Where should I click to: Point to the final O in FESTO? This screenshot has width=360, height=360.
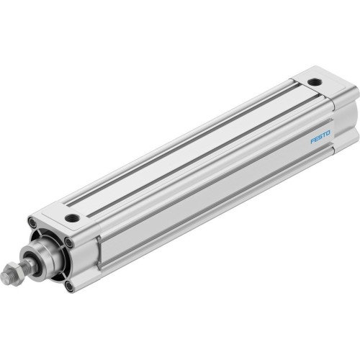328,132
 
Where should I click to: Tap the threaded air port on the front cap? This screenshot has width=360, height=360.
72,217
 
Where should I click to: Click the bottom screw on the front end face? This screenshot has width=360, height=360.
69,287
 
